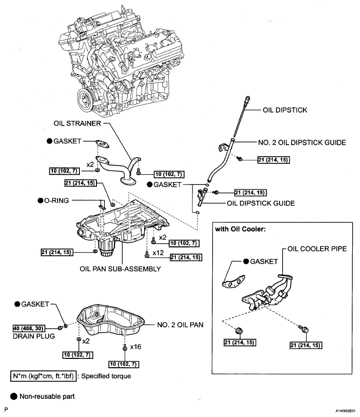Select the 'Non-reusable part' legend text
(x=47, y=396)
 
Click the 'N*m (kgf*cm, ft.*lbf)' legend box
(x=44, y=375)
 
